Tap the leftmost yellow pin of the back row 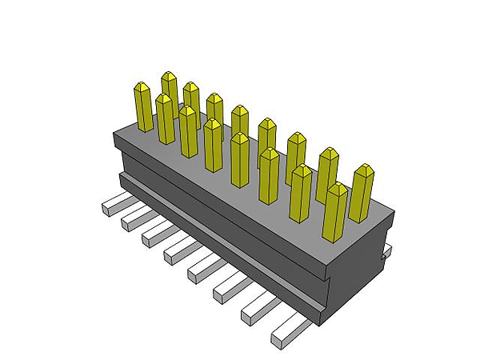click(169, 86)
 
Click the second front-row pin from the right click(301, 193)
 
